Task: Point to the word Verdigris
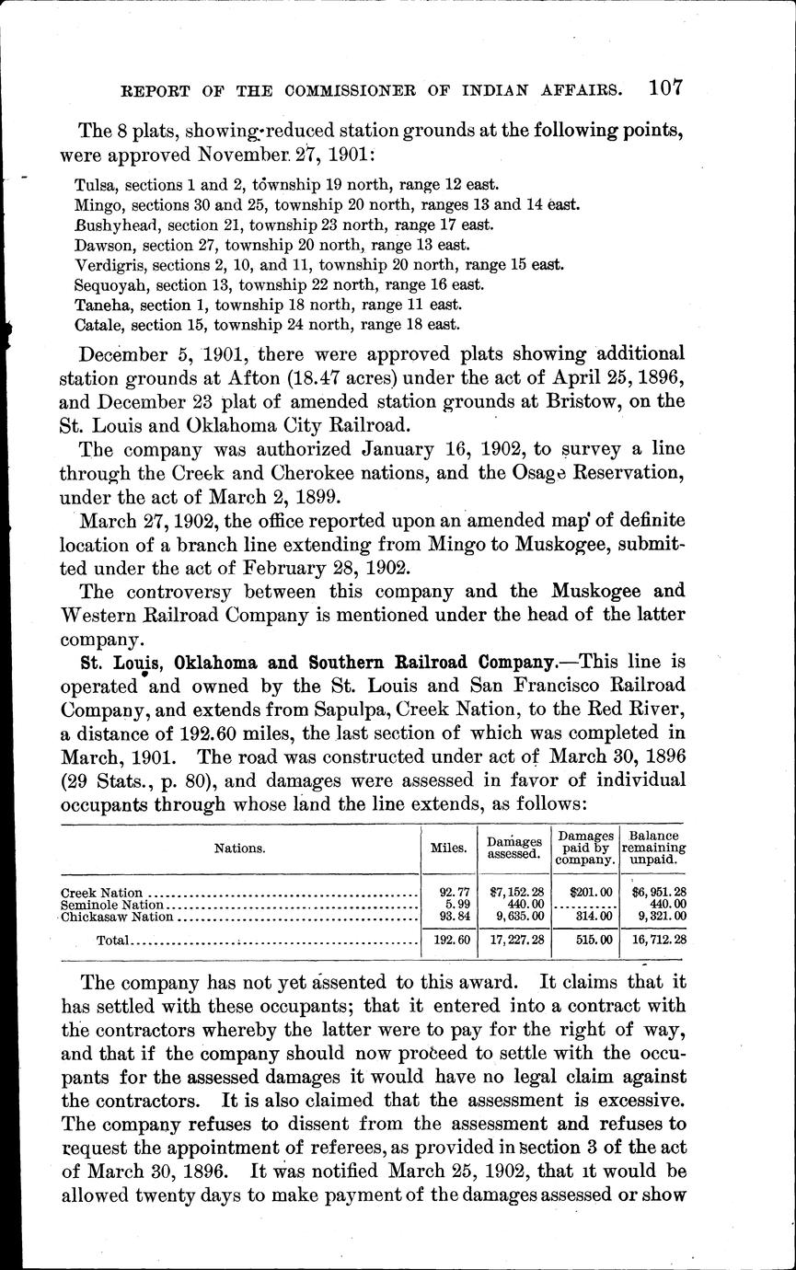pos(103,265)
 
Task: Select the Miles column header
pos(448,849)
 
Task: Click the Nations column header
pos(239,849)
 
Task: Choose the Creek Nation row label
pos(102,893)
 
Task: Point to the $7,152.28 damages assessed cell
pos(514,893)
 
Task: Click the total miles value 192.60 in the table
pos(448,941)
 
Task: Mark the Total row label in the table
pos(113,941)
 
